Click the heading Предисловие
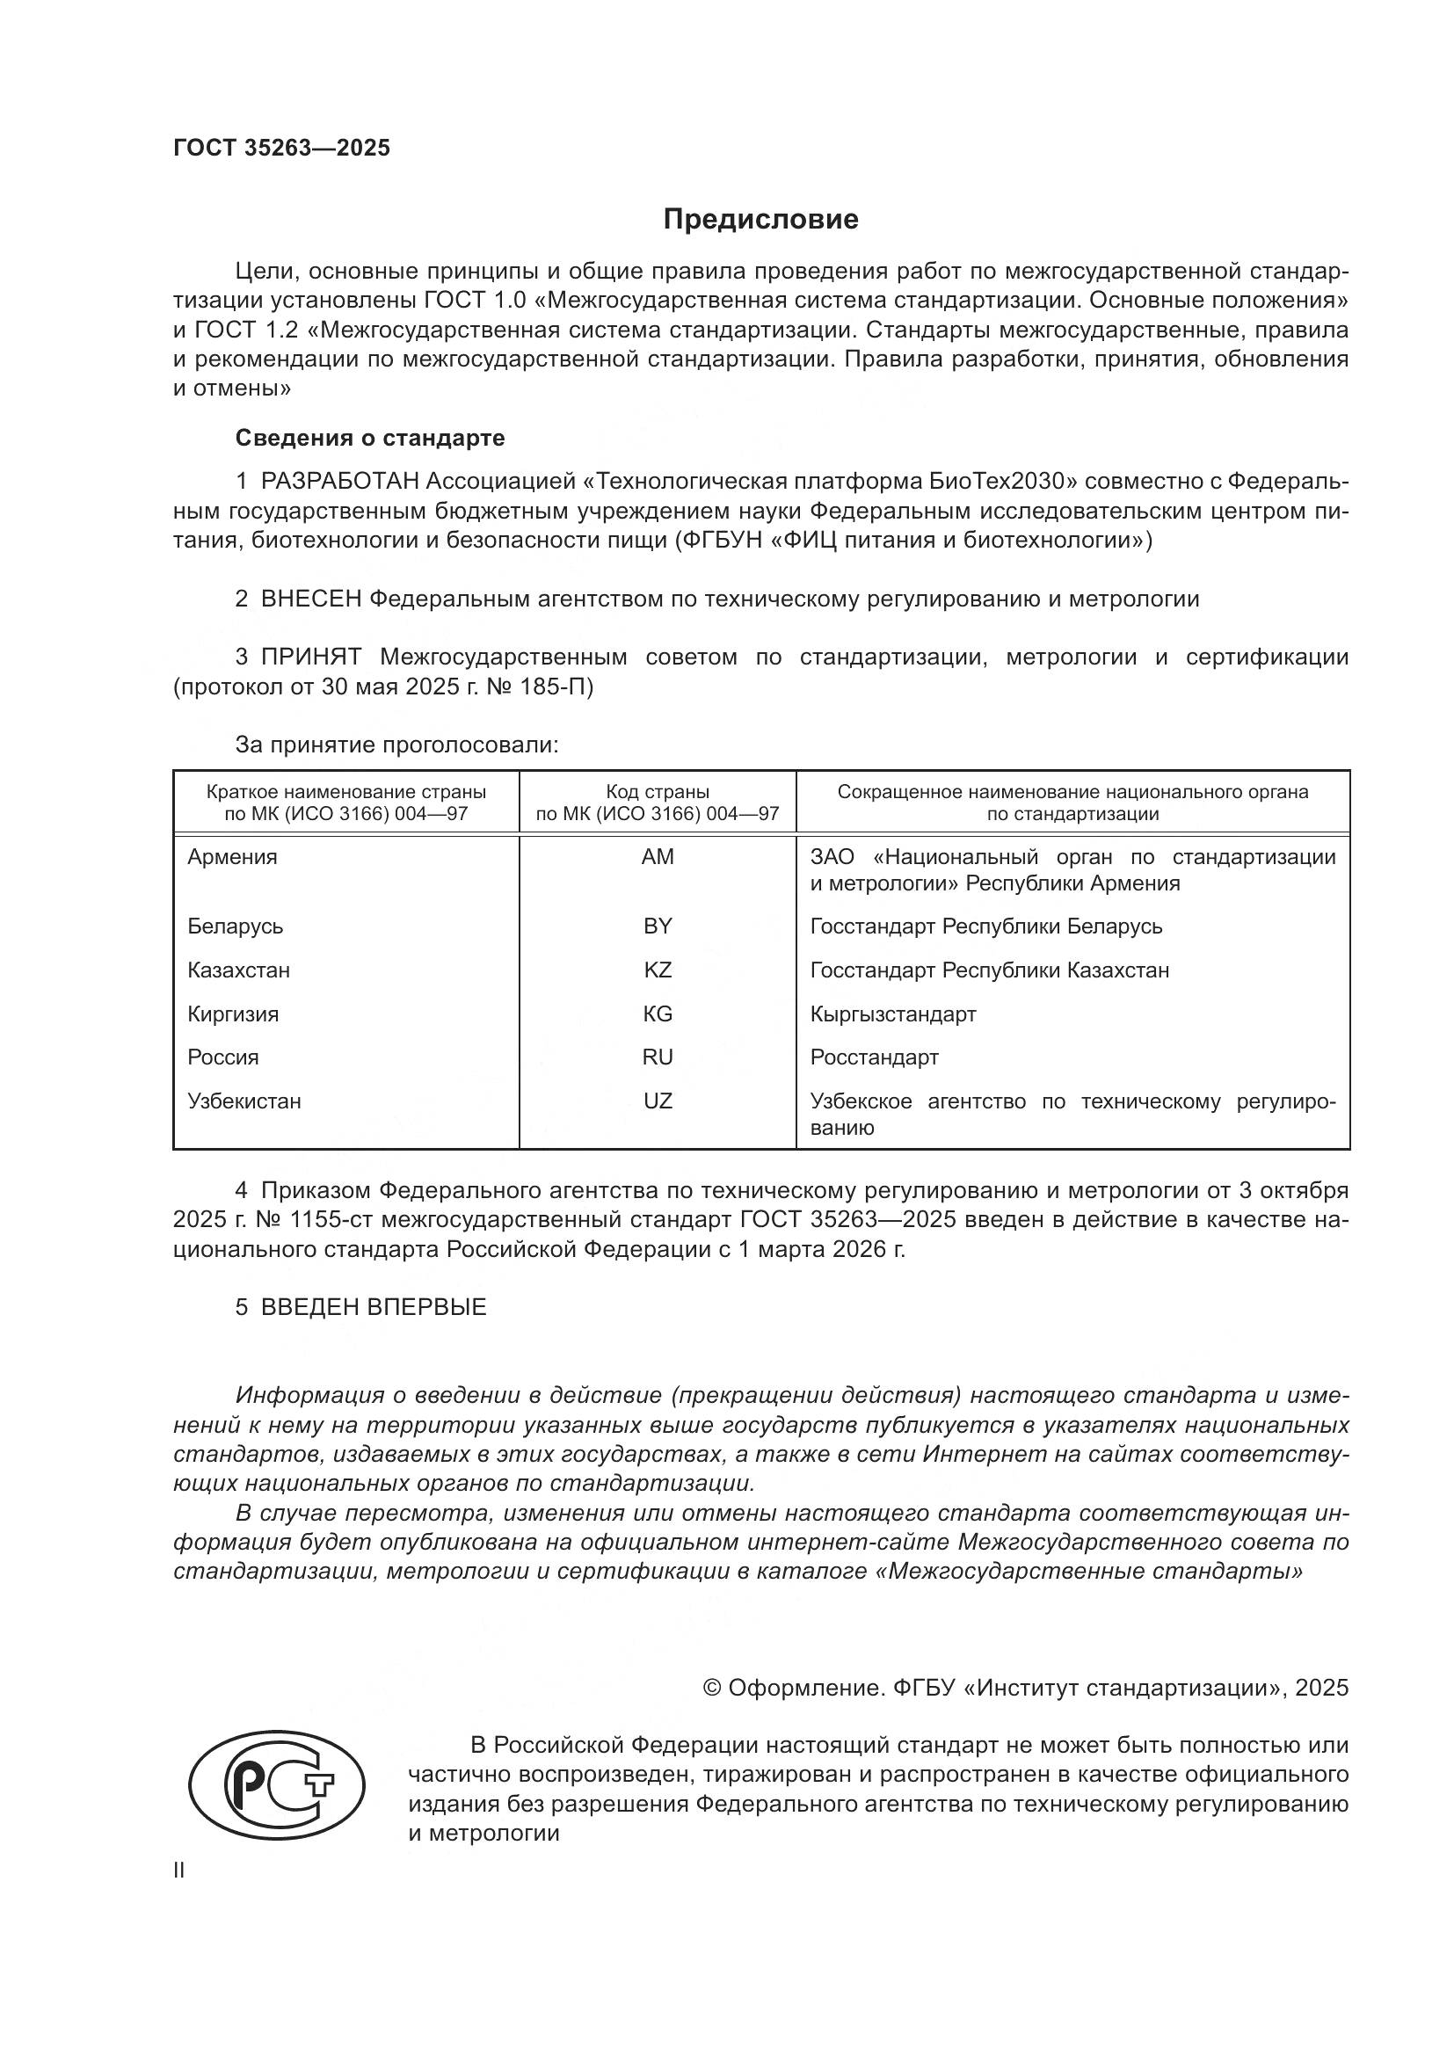760,220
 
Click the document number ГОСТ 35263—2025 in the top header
282,148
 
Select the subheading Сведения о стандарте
370,438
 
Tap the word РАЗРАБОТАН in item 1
339,482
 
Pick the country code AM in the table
658,857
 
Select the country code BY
658,926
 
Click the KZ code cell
658,970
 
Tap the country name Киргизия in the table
233,1014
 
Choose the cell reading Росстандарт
874,1057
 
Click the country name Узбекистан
244,1101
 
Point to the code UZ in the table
658,1101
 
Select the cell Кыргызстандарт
892,1014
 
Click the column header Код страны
658,792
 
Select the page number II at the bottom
179,1871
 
